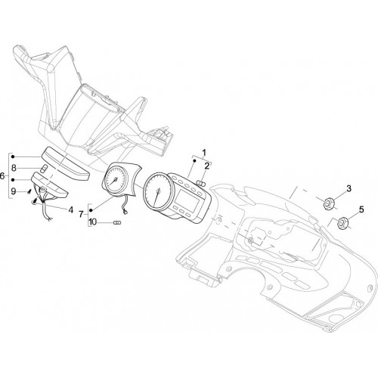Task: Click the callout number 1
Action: (204, 153)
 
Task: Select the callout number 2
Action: (207, 166)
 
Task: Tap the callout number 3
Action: (349, 188)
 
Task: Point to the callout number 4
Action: (71, 209)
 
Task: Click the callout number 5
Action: (361, 209)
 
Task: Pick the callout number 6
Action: (2, 176)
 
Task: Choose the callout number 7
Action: (81, 215)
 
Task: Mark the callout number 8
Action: (14, 168)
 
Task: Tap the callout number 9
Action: (14, 191)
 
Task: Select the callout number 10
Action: (93, 222)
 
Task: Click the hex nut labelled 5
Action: (342, 222)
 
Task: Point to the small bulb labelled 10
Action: (117, 223)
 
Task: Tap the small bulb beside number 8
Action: (44, 168)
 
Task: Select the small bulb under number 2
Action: (200, 183)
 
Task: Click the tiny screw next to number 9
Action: (29, 192)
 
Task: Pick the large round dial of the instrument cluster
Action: (157, 192)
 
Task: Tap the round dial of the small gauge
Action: (116, 179)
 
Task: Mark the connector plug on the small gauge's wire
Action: (124, 213)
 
